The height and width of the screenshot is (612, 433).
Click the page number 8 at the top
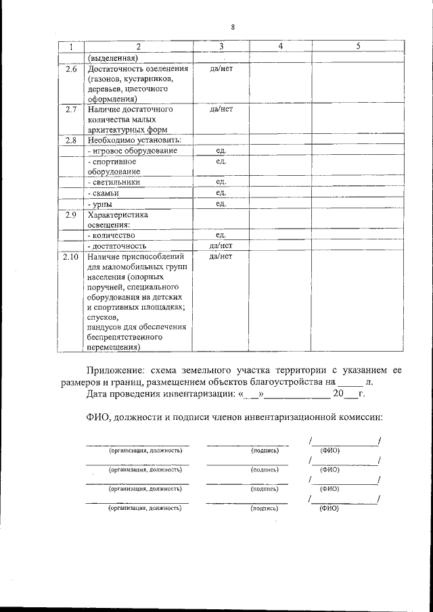coord(232,27)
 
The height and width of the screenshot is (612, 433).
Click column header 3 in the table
coord(221,46)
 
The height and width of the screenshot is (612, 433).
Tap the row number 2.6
coord(70,68)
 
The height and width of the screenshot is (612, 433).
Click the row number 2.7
coord(70,108)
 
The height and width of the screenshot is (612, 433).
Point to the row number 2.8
coord(70,140)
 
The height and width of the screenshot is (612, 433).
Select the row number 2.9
coord(70,215)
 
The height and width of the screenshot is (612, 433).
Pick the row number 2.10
coord(70,256)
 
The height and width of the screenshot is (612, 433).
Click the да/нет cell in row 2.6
coord(221,68)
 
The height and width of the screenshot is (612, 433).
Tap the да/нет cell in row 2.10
coord(221,256)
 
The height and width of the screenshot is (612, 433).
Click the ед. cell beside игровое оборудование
coord(221,150)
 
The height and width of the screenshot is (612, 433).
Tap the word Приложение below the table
coord(116,370)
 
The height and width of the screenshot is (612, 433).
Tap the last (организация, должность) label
coord(145,507)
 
